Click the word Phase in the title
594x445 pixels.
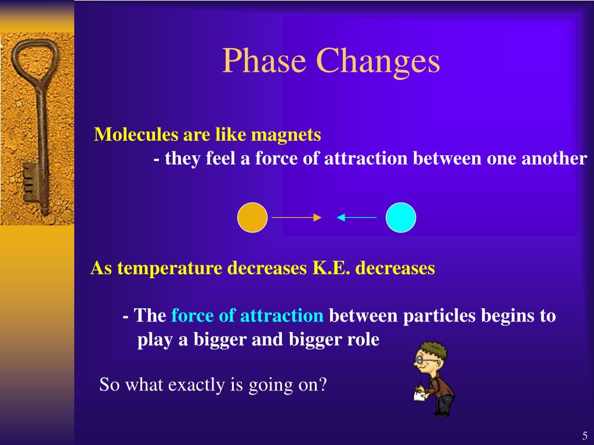pos(264,60)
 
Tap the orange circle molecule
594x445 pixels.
pos(252,217)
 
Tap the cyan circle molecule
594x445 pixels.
pos(401,217)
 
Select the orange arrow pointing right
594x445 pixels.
pos(296,217)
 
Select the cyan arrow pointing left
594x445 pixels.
pos(357,217)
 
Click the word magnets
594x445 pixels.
pos(286,135)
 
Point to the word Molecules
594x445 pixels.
pos(136,134)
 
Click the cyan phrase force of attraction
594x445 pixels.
pos(247,316)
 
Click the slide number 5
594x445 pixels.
pos(585,435)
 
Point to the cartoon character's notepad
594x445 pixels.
pos(420,396)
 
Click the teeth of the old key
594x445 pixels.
pos(30,183)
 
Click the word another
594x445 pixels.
pos(554,158)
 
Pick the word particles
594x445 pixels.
pos(439,316)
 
